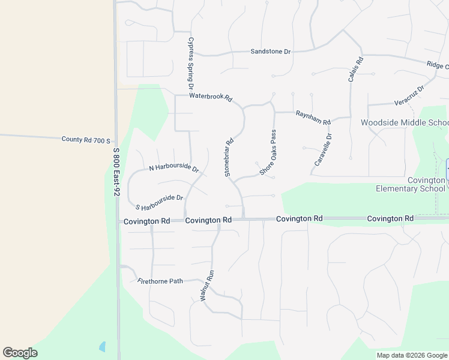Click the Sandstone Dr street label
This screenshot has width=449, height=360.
click(x=270, y=52)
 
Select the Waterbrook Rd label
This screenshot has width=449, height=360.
click(x=210, y=97)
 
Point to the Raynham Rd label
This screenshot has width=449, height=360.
click(x=313, y=118)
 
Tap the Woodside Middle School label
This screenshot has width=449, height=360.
click(x=404, y=123)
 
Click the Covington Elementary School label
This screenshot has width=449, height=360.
click(x=410, y=184)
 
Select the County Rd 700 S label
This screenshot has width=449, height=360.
click(x=86, y=140)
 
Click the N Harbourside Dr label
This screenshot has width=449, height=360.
click(x=174, y=167)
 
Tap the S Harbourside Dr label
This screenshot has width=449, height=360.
click(x=159, y=202)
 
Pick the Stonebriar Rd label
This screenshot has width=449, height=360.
click(x=229, y=158)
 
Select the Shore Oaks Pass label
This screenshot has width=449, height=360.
click(x=268, y=152)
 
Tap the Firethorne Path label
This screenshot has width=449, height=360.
click(x=160, y=281)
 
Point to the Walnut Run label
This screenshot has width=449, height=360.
click(x=206, y=286)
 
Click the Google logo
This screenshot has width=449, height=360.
click(x=20, y=353)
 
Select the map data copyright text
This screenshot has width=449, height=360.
click(x=412, y=355)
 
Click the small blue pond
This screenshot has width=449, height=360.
click(x=102, y=347)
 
